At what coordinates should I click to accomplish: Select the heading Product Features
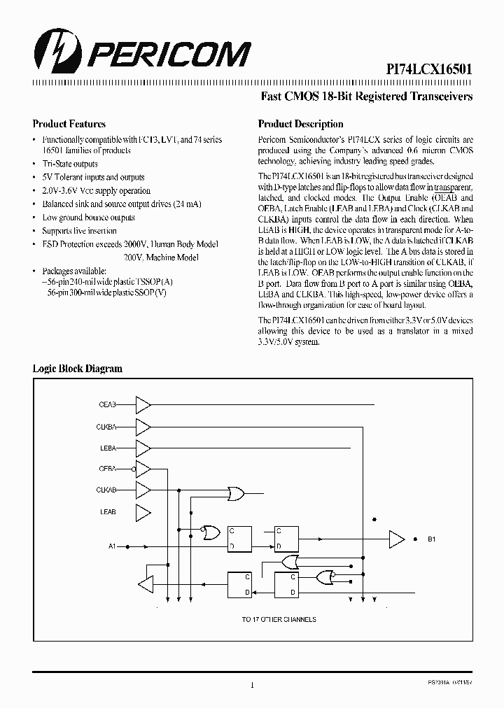[x=69, y=124]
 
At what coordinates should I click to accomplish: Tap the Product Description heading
[x=300, y=124]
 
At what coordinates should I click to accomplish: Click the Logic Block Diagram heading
[x=78, y=368]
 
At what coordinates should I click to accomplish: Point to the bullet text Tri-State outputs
[x=70, y=164]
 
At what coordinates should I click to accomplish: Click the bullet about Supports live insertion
[x=79, y=231]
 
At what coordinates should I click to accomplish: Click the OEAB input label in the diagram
[x=107, y=404]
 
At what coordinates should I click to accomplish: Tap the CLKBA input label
[x=106, y=426]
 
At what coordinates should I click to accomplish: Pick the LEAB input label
[x=107, y=512]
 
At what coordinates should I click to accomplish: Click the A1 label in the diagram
[x=113, y=545]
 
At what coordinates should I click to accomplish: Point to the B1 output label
[x=432, y=539]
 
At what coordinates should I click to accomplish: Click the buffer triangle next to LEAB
[x=143, y=511]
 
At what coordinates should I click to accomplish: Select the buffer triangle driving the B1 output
[x=397, y=539]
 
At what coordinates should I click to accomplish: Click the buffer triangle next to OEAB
[x=143, y=404]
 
